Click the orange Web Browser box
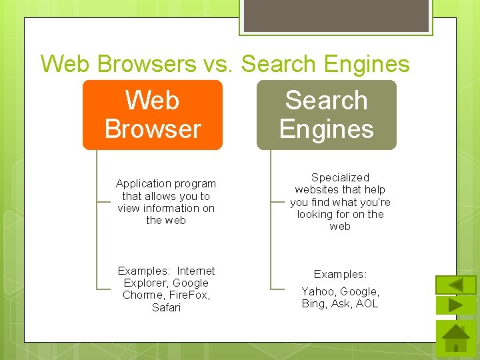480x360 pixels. pos(152,115)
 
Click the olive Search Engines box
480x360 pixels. pos(327,115)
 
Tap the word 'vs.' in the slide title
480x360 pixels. pos(215,64)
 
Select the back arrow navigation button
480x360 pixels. pos(456,285)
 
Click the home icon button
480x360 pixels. pos(456,338)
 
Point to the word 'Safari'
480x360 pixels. pos(166,307)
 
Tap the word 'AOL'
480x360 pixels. pos(367,303)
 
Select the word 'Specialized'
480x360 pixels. pos(340,177)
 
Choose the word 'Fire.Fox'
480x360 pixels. pos(189,295)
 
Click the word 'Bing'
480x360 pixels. pos(313,303)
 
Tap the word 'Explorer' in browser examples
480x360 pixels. pos(143,283)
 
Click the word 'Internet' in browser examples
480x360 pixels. pos(195,271)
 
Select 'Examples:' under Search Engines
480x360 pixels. pos(340,275)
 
